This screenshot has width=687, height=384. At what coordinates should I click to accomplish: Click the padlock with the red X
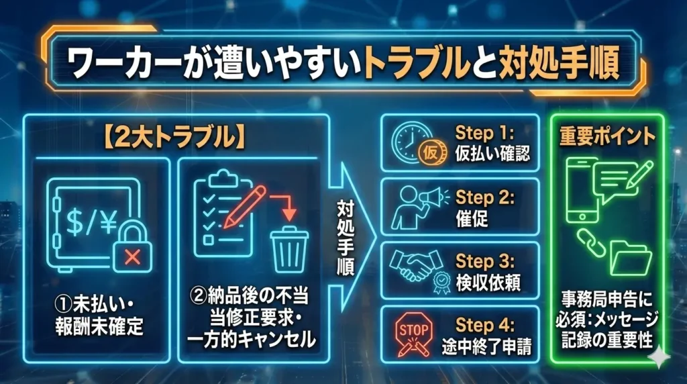[132, 250]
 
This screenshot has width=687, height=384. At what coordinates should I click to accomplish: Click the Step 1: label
[484, 132]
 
